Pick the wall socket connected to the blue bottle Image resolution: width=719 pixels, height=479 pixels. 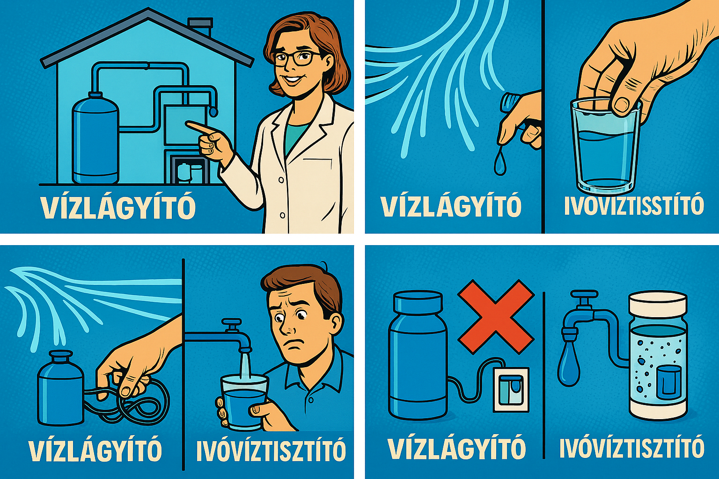(x=511, y=389)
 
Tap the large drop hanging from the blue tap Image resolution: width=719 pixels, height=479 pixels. (x=569, y=365)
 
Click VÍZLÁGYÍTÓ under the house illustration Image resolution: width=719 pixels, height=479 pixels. (x=117, y=207)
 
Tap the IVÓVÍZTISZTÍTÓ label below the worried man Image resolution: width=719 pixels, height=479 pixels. (x=271, y=450)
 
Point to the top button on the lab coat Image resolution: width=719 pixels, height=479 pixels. (x=281, y=180)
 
